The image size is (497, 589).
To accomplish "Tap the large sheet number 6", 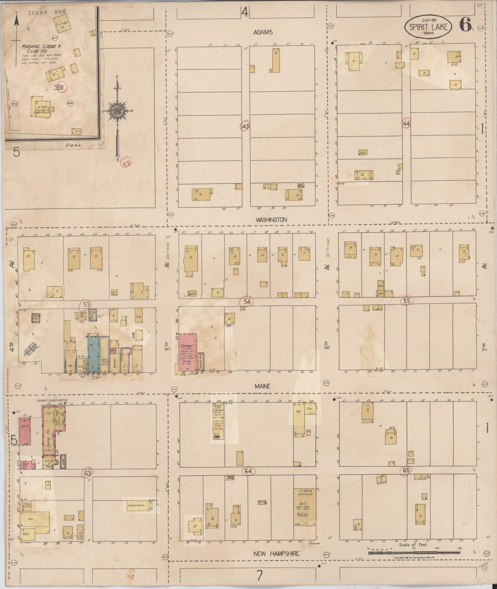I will [x=465, y=24].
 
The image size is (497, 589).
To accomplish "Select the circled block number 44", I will [x=406, y=123].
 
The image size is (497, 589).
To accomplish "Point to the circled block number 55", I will [x=407, y=301].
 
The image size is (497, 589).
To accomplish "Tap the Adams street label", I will [x=263, y=32].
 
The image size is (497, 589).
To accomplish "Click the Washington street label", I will [x=271, y=220].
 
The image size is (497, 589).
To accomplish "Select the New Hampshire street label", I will [x=276, y=554].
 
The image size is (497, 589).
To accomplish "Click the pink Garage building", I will [x=187, y=351].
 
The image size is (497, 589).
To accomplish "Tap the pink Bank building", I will [x=24, y=431].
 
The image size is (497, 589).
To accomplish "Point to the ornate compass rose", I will [x=117, y=111].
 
